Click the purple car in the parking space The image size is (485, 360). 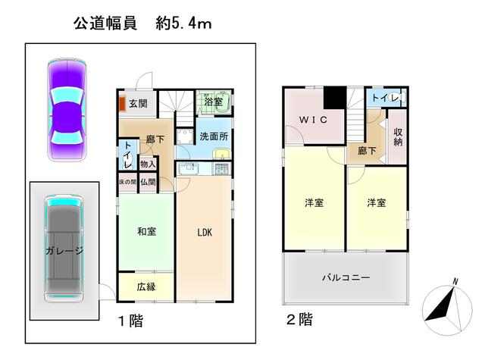pos(67,110)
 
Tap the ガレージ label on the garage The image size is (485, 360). pos(64,251)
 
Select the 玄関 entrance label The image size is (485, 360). pos(138,103)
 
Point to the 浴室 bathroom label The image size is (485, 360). pos(213,102)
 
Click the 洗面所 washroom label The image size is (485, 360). pos(214,136)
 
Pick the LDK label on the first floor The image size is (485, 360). pos(205,232)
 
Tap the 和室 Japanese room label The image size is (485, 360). pos(146,231)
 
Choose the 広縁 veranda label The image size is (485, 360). pos(146,286)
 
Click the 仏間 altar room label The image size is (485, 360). pos(148,182)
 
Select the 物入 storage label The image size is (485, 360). pos(148,164)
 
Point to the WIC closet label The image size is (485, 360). pos(313,120)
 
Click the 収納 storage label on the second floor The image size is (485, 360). pos(398,136)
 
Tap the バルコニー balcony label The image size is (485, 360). pos(346,277)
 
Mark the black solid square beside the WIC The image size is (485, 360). pos(335,97)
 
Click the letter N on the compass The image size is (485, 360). pos(455,281)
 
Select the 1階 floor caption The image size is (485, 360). pos(131,321)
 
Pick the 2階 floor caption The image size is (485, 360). pos(299,320)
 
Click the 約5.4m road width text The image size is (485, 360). pos(183,23)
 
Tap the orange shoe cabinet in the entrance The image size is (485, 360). pos(122,104)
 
